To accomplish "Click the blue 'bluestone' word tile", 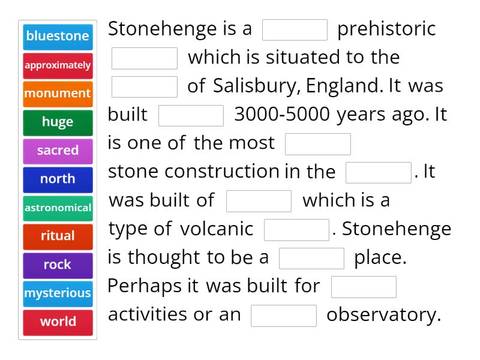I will pos(58,36).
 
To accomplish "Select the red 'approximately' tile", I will pos(58,65).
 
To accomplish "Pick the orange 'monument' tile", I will pos(58,93).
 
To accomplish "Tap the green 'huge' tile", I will pos(58,122).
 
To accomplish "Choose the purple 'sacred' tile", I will pos(58,150).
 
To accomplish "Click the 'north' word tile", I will pos(58,179).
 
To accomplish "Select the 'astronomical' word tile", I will pos(58,208).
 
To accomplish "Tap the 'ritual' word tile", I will pos(58,236).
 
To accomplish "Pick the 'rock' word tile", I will pos(58,265).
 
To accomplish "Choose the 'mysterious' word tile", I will pos(58,293).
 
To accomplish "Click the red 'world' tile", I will pos(58,322).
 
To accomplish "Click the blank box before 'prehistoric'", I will pos(295,29).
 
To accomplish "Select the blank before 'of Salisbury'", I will pos(145,86).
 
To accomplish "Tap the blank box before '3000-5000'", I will pos(191,115).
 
